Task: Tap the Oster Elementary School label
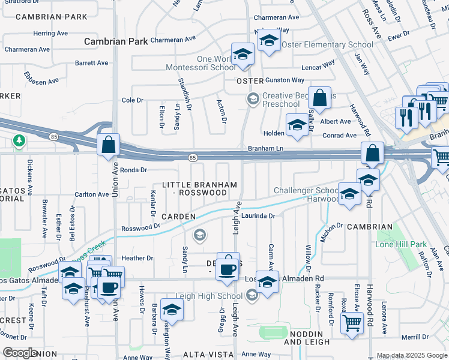[327, 45]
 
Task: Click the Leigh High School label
[209, 296]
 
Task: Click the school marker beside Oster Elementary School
[269, 41]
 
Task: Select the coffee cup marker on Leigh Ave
[228, 269]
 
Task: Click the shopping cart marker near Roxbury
[352, 324]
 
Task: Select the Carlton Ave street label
[92, 194]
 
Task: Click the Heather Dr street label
[137, 258]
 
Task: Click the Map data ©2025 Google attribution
[412, 355]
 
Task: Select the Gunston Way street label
[285, 80]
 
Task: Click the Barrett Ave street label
[91, 62]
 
